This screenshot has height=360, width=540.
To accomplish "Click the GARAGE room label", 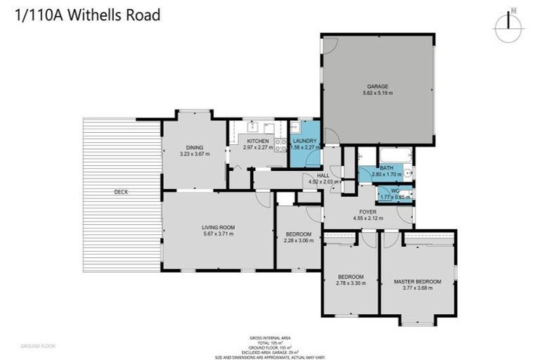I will pos(378,86).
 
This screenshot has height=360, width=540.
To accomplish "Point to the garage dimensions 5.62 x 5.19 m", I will pos(378,93).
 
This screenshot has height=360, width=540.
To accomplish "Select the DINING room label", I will pos(195,147).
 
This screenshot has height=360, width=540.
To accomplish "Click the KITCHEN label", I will pos(257,141).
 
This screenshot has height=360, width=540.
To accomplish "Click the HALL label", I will pos(323,176).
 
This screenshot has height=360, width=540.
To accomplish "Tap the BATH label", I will pos(387,168).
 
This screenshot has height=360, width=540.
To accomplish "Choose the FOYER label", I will pos(368,212).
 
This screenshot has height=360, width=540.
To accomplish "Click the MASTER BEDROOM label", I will pos(418,281).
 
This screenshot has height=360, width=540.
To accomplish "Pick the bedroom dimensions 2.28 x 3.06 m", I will pos(298,241).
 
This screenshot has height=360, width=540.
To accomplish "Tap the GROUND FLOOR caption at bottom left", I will pos(37,346).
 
